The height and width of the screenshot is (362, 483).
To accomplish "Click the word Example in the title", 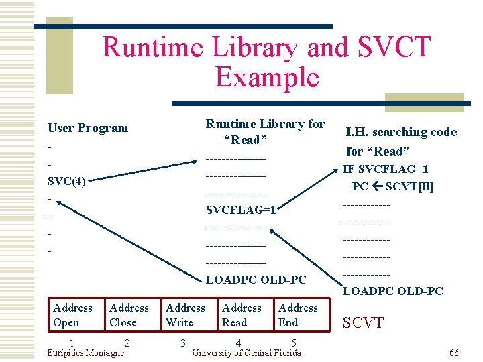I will pyautogui.click(x=267, y=78).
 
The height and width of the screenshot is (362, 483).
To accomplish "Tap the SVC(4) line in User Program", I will pyautogui.click(x=66, y=182).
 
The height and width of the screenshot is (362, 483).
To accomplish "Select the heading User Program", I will pyautogui.click(x=87, y=128).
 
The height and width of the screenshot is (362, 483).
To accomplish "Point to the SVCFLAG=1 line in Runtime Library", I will pyautogui.click(x=241, y=210).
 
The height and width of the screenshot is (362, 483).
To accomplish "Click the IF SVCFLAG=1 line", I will pyautogui.click(x=386, y=170).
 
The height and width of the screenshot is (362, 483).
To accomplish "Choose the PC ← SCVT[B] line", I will pyautogui.click(x=392, y=187).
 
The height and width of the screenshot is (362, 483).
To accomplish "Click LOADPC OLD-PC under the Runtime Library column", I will pyautogui.click(x=256, y=280).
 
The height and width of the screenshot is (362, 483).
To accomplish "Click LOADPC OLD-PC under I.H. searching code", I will pyautogui.click(x=392, y=291).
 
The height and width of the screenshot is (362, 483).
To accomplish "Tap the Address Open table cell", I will pyautogui.click(x=72, y=315).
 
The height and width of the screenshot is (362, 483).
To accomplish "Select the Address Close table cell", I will pyautogui.click(x=129, y=315).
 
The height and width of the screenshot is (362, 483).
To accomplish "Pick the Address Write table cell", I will pyautogui.click(x=185, y=315).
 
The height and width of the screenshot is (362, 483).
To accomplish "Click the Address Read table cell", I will pyautogui.click(x=241, y=315).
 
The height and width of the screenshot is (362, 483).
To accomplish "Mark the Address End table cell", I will pyautogui.click(x=298, y=315).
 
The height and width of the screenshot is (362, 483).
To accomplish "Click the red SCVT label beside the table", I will pyautogui.click(x=363, y=323).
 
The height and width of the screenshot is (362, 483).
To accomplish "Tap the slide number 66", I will pyautogui.click(x=453, y=353).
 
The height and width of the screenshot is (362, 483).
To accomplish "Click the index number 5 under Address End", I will pyautogui.click(x=294, y=343).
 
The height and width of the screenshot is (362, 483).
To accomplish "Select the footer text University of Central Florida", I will pyautogui.click(x=246, y=353).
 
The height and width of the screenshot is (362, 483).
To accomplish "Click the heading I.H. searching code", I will pyautogui.click(x=401, y=132).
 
